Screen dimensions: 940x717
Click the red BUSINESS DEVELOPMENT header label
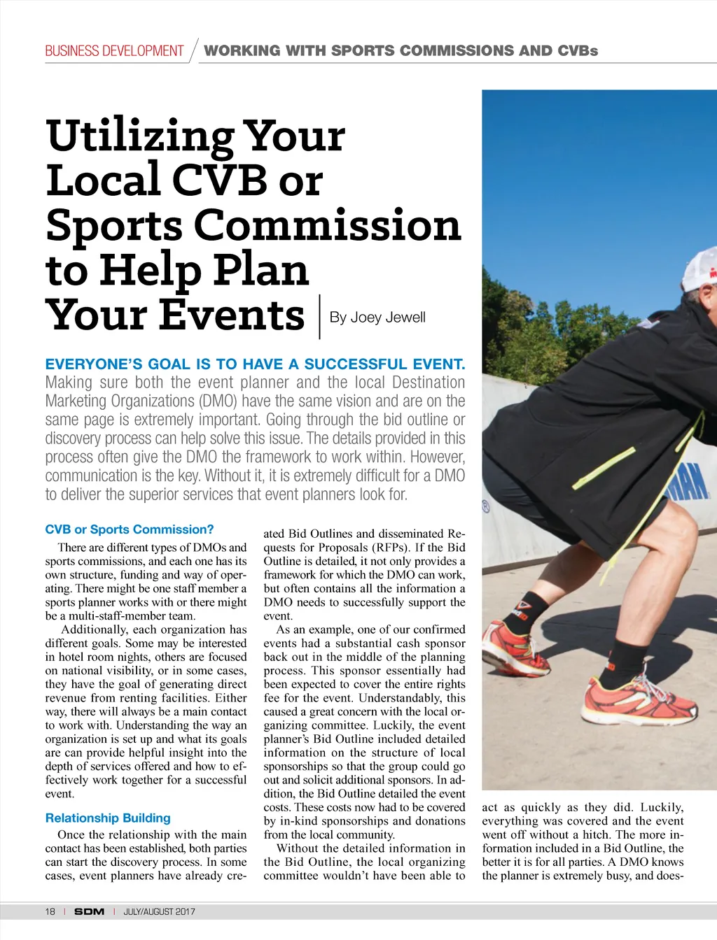(114, 51)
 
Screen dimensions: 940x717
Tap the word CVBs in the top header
(578, 51)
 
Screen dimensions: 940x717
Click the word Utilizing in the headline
(139, 137)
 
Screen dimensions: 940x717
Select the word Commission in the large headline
(327, 226)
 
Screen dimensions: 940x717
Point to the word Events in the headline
(232, 315)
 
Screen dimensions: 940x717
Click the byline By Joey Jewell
(377, 318)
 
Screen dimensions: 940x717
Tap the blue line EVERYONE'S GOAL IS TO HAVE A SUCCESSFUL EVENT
(255, 364)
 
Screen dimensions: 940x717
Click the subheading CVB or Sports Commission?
(130, 529)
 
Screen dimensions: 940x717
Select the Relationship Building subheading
(108, 818)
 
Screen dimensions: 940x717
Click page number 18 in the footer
(50, 911)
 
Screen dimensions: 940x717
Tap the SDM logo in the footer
(89, 911)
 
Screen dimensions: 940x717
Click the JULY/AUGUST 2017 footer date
(159, 911)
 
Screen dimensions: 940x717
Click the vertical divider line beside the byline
(319, 318)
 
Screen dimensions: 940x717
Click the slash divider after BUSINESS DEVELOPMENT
(193, 50)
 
